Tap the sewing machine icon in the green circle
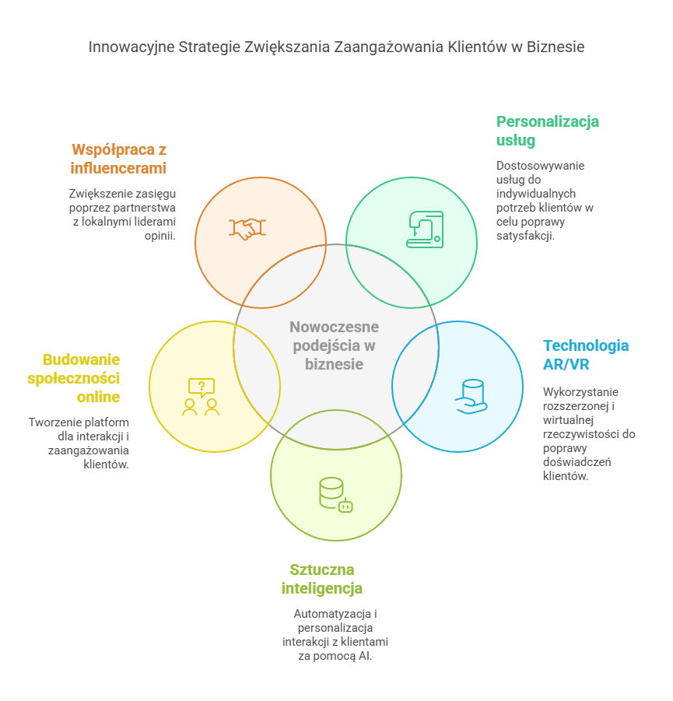[x=425, y=230]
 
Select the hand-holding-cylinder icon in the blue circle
[x=471, y=396]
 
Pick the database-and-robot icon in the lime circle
[x=335, y=495]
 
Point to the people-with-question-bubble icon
[x=201, y=397]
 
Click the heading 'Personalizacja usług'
[x=547, y=131]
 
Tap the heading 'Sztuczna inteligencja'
[x=321, y=578]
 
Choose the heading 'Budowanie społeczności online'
[x=82, y=377]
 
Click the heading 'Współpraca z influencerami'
[x=118, y=158]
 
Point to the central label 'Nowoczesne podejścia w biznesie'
[x=334, y=345]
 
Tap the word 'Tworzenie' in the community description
[x=53, y=422]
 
